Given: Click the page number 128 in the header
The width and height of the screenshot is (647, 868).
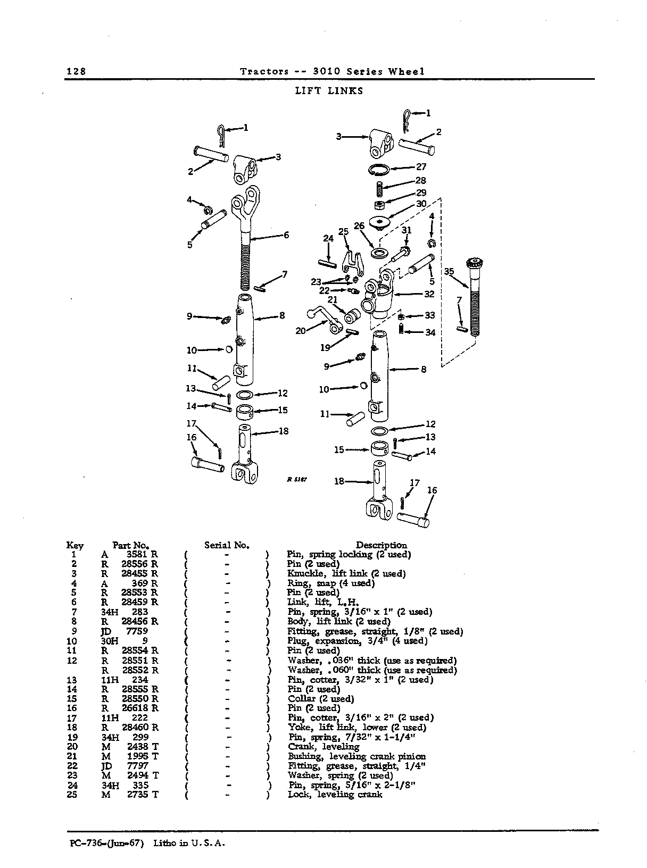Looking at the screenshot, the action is pyautogui.click(x=76, y=71).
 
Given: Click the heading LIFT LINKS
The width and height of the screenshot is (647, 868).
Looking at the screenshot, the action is pyautogui.click(x=329, y=91).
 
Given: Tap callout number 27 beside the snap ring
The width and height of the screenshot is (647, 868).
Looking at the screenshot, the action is pyautogui.click(x=421, y=166).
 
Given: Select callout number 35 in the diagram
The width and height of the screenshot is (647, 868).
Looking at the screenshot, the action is pyautogui.click(x=449, y=271).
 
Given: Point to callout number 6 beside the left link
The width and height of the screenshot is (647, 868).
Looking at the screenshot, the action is pyautogui.click(x=286, y=235).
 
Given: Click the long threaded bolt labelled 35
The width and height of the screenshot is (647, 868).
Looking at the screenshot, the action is pyautogui.click(x=474, y=297).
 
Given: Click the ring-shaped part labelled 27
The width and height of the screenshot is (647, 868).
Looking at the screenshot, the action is pyautogui.click(x=379, y=170).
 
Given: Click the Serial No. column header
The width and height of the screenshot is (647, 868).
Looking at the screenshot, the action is pyautogui.click(x=227, y=545).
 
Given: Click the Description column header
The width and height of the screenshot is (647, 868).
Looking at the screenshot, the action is pyautogui.click(x=381, y=545).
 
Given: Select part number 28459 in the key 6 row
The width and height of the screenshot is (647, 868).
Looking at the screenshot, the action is pyautogui.click(x=134, y=602).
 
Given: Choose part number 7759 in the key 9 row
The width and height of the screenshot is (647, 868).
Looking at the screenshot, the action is pyautogui.click(x=137, y=631).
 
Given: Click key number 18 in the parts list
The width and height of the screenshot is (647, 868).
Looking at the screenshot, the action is pyautogui.click(x=72, y=727).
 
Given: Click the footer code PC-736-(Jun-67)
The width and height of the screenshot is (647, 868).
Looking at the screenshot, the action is pyautogui.click(x=106, y=843).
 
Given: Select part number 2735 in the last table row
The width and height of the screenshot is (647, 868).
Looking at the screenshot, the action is pyautogui.click(x=137, y=795).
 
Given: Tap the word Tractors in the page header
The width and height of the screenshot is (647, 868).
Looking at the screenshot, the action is pyautogui.click(x=264, y=71).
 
